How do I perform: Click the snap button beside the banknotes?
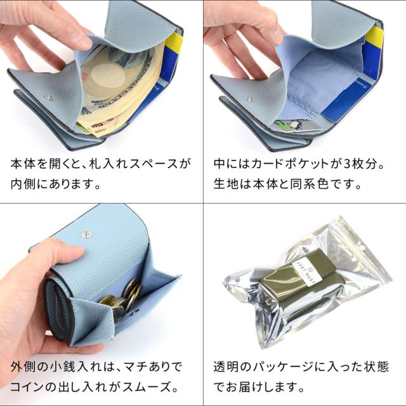point(49,97)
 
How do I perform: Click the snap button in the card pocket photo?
point(249,100)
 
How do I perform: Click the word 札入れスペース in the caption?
point(135,164)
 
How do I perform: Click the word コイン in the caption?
point(27,386)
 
